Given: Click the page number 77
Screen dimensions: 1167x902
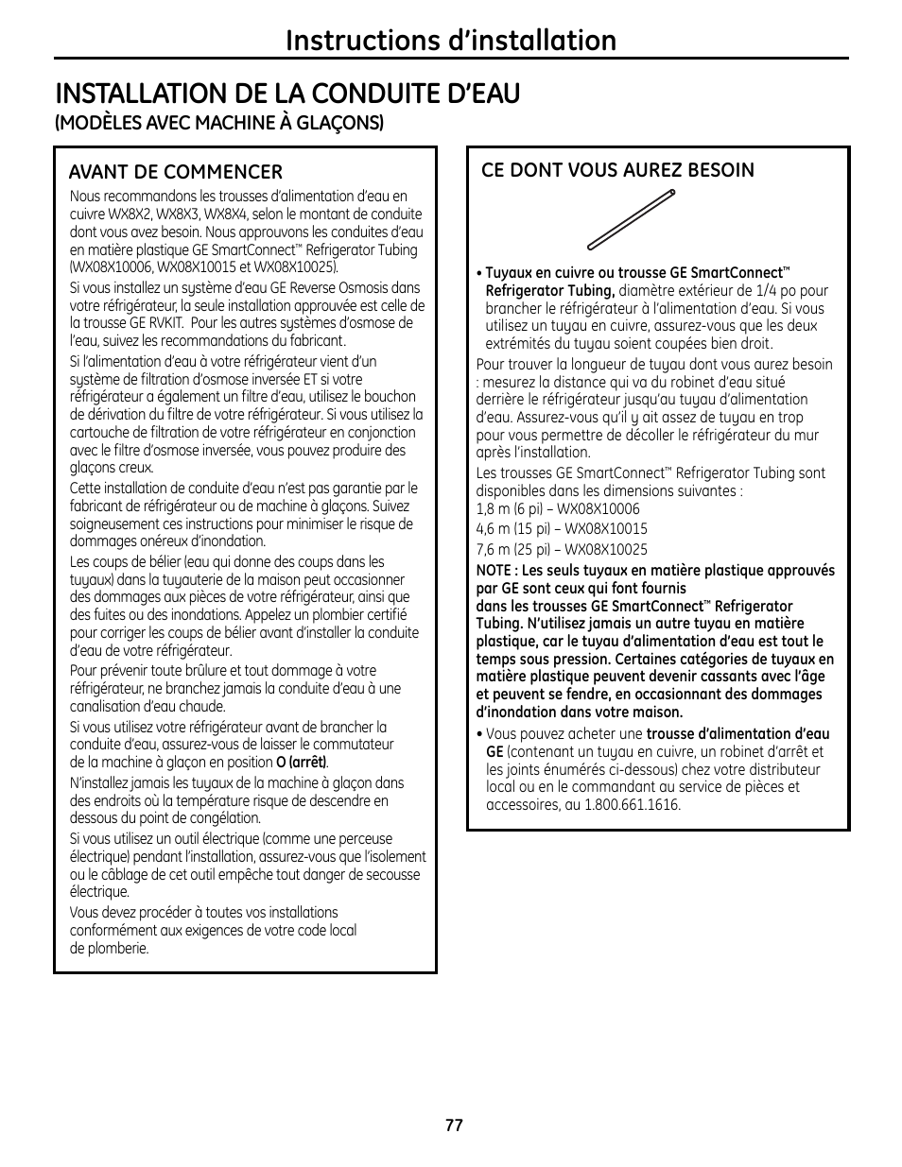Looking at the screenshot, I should coord(454,1125).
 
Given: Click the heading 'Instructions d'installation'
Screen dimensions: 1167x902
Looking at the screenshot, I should coord(451,40).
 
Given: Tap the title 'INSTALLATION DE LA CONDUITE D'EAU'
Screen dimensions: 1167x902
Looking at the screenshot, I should coord(287,94).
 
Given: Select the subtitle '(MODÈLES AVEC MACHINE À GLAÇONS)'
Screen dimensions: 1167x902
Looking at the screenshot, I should coord(219,123).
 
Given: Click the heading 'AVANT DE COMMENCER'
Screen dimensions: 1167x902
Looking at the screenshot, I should coord(175,171).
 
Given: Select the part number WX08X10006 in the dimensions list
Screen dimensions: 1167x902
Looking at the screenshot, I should coord(602,509).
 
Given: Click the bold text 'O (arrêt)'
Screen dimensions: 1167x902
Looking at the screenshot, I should coord(302,763).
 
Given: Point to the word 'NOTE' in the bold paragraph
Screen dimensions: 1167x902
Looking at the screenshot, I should coord(493,571).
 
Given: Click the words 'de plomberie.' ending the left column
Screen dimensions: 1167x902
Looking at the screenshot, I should coord(109,948).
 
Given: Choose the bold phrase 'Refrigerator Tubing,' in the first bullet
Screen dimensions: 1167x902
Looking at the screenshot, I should coord(550,291).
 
